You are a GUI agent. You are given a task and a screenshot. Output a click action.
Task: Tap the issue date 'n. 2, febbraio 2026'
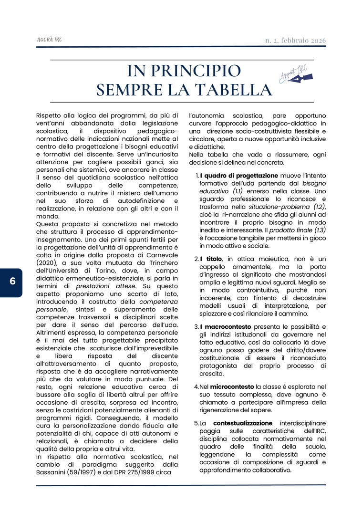tap(295, 41)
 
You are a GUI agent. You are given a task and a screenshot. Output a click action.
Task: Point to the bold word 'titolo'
tap(214, 259)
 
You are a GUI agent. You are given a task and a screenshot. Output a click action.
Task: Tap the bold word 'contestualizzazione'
tap(243, 423)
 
